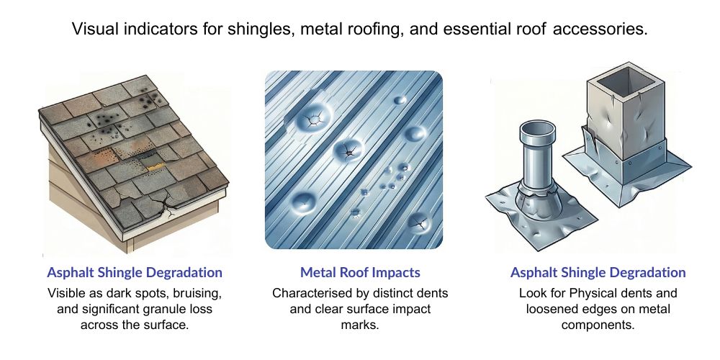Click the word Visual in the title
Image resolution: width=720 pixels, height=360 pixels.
point(93,30)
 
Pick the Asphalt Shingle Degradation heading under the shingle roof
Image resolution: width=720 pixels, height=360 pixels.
point(135,273)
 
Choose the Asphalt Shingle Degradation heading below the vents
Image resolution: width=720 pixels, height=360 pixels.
point(598,273)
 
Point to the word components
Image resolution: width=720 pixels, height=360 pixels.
point(598,325)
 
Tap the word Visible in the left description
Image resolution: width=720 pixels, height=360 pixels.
point(67,294)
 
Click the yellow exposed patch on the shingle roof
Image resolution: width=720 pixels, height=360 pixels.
point(153,166)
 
